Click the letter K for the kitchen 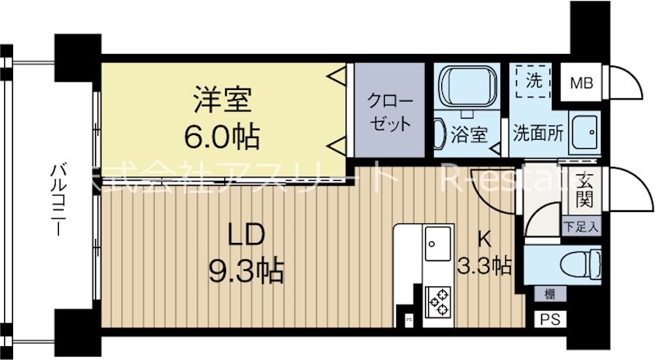point(485,239)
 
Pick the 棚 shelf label point(546,293)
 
